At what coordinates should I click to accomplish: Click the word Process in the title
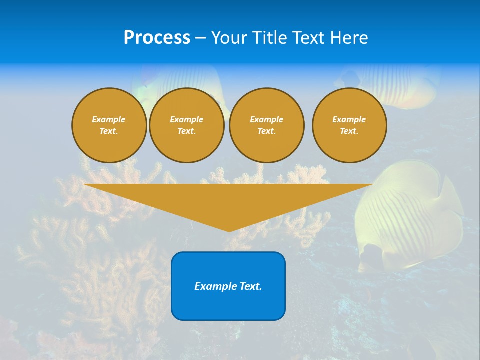157,38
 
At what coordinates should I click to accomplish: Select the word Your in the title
229,38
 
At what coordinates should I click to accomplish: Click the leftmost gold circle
109,125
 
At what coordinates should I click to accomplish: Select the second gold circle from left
186,125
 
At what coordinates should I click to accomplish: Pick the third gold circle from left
266,125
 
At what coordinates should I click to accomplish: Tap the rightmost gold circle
349,125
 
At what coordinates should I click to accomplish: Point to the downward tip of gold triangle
229,230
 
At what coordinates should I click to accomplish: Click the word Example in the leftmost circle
109,120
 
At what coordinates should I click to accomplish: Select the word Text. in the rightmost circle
349,131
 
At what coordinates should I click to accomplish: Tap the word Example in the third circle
266,120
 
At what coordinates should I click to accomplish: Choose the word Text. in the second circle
186,131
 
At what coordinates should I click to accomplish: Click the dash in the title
200,38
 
